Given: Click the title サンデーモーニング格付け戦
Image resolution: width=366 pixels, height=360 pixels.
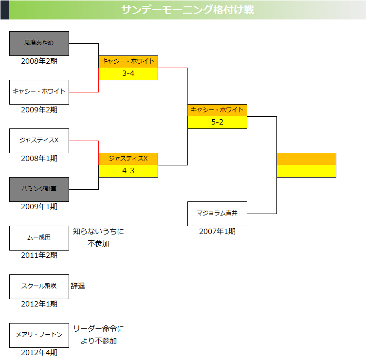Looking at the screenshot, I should click(187, 10).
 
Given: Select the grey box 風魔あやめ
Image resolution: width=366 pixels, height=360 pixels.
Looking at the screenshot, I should click(39, 43).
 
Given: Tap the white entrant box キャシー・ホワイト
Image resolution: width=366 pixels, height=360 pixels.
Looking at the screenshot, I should click(39, 92).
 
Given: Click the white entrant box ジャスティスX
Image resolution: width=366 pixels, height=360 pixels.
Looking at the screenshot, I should click(39, 141).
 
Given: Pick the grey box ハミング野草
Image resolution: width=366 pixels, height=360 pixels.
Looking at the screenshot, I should click(39, 189).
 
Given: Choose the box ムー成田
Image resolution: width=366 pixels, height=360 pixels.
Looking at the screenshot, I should click(39, 238).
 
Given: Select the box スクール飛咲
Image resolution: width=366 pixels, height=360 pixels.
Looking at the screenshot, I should click(39, 287).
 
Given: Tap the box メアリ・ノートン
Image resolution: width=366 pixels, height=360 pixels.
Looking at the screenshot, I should click(39, 335).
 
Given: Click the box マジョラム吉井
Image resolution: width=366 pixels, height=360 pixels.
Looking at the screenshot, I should click(217, 214).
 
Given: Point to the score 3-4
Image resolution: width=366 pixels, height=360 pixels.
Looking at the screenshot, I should click(128, 73).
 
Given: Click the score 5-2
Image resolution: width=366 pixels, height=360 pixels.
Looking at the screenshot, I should click(217, 122).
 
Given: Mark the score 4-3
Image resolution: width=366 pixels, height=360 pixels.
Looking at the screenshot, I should click(128, 171).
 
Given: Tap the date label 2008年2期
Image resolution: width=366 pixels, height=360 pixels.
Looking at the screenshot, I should click(39, 61).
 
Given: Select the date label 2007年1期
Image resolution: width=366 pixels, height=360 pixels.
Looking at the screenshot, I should click(217, 232).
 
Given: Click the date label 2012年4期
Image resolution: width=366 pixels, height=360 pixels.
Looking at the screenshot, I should click(39, 353).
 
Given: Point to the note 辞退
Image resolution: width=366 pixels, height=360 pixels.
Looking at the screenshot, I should click(78, 286).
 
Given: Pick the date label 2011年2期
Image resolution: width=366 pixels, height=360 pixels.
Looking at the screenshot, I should click(39, 255).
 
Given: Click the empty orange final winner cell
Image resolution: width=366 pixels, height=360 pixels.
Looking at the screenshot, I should click(306, 159).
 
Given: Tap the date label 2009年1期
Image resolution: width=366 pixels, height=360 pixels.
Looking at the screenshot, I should click(39, 207).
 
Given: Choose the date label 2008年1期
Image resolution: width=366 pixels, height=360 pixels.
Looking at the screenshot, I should click(39, 159).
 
